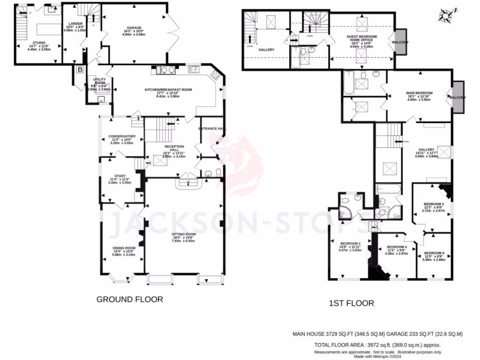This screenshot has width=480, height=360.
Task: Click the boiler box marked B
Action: click(80, 70)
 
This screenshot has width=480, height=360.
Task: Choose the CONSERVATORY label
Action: click(122, 136)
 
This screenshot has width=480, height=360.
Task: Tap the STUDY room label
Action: click(120, 176)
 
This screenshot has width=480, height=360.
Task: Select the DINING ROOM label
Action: click(124, 248)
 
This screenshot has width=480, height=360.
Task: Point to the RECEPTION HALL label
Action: click(174, 147)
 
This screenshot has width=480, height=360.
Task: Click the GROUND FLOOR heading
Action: click(130, 300)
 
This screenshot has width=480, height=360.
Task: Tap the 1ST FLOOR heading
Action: click(351, 303)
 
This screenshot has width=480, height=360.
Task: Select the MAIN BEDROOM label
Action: click(419, 93)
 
